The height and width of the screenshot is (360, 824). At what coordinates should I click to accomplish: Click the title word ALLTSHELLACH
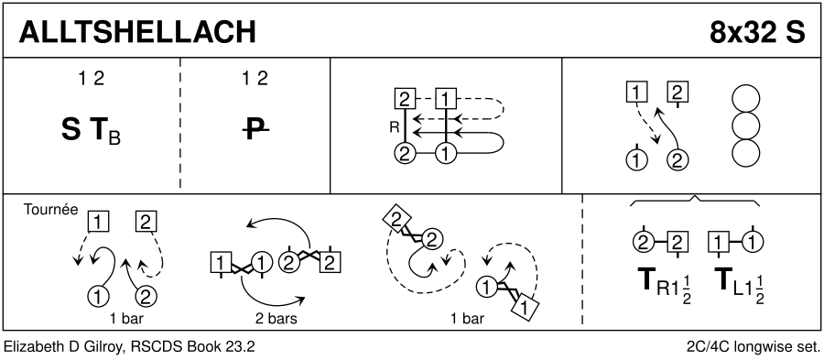[137, 33]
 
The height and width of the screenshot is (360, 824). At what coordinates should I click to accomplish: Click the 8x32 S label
[757, 33]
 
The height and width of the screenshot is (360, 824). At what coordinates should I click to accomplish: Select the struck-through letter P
[255, 130]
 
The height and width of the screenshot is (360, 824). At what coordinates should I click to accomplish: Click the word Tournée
[51, 210]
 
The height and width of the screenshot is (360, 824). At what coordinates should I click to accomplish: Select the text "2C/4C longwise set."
[754, 347]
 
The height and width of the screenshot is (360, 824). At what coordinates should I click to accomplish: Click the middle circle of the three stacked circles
[745, 125]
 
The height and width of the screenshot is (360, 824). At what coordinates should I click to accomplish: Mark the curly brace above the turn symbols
[695, 201]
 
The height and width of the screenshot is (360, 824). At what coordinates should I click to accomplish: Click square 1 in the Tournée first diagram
[98, 222]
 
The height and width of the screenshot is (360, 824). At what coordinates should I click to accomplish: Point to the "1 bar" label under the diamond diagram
[468, 319]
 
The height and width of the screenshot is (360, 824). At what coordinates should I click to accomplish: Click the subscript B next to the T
[115, 138]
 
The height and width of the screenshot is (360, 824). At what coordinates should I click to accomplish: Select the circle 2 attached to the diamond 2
[431, 240]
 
